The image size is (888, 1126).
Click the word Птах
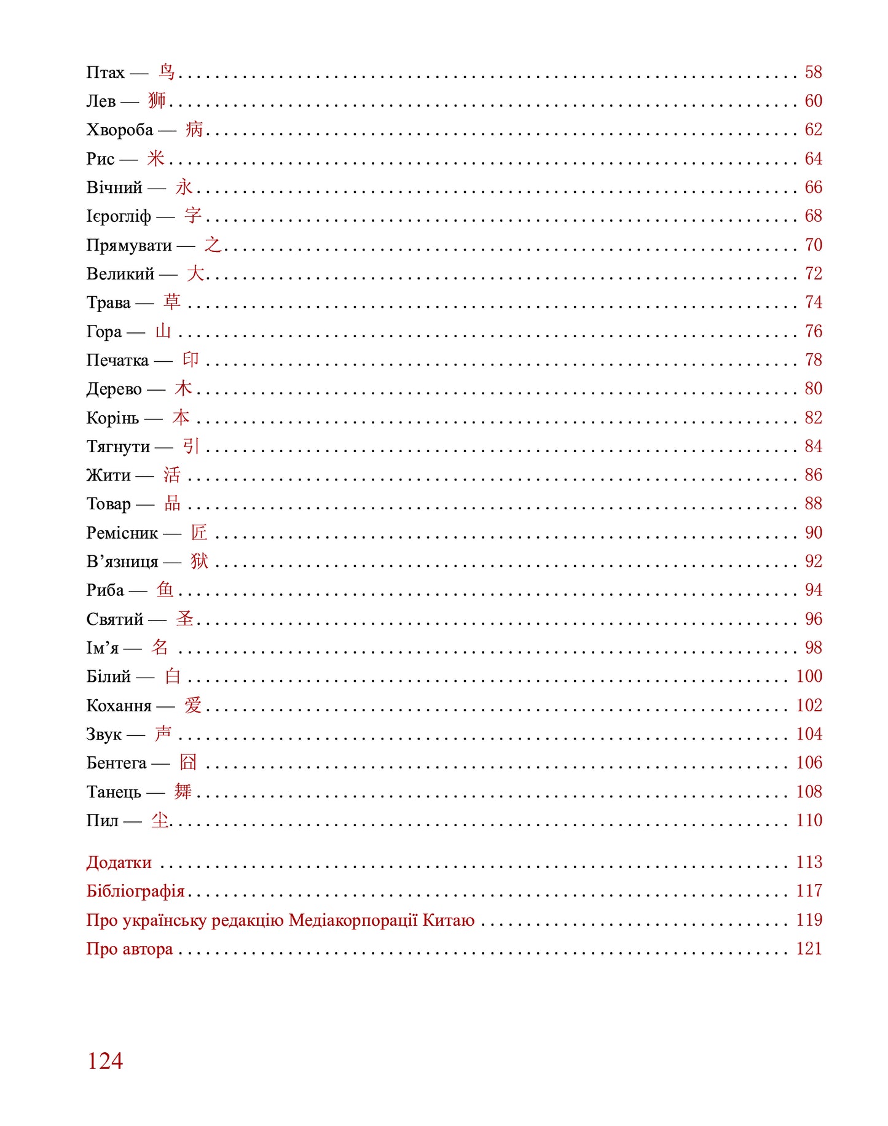[105, 72]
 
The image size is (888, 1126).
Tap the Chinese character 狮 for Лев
[157, 100]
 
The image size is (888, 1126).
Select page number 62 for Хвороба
[813, 130]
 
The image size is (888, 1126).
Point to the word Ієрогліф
[119, 216]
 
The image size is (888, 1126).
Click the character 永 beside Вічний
[184, 187]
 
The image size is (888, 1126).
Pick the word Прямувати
[129, 245]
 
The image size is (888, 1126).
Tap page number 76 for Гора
[813, 331]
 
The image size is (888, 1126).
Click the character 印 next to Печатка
[191, 359]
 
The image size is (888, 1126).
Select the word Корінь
[112, 418]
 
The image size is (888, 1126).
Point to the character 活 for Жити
[172, 474]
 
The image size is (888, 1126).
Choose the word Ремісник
[122, 533]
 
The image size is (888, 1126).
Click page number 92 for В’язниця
[813, 561]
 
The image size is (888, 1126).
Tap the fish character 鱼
[165, 590]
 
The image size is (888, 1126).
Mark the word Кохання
[119, 705]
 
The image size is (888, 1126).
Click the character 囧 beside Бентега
[188, 762]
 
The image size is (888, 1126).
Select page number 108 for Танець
[809, 791]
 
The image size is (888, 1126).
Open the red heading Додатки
[119, 862]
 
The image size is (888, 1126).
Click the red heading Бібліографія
[135, 891]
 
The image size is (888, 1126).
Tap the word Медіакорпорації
[353, 920]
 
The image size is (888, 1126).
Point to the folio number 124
[105, 1061]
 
